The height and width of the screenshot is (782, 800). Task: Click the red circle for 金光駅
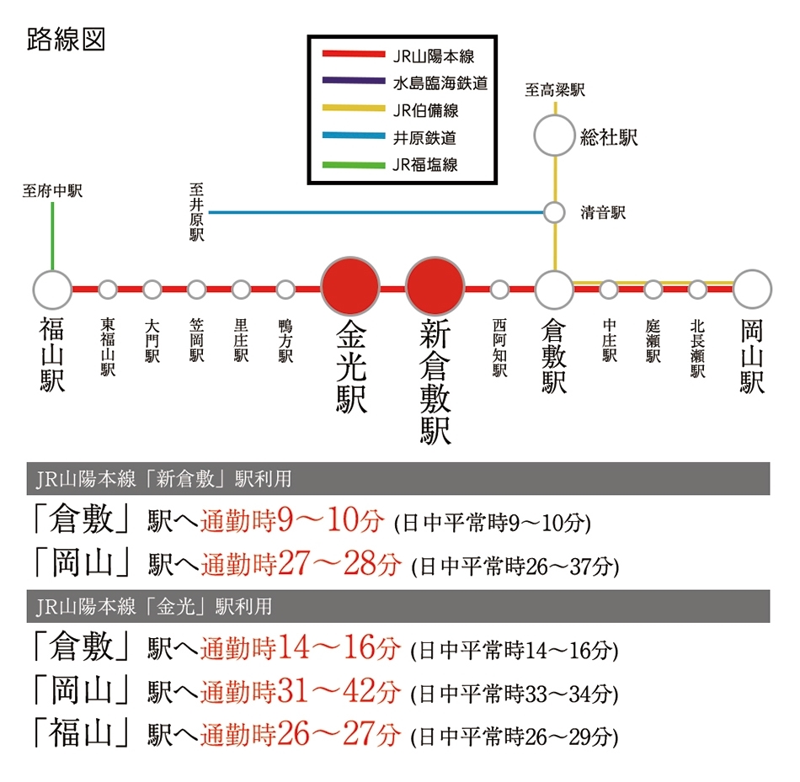(350, 286)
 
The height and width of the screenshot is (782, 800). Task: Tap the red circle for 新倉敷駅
(435, 286)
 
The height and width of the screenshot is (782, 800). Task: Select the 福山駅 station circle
(52, 290)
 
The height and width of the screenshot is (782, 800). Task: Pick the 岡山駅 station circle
(752, 290)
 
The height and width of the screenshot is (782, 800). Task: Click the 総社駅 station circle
(555, 136)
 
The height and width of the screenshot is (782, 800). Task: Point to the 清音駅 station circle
(554, 213)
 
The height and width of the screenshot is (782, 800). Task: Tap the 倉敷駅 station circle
(555, 290)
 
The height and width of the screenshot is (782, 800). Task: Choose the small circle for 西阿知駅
(499, 290)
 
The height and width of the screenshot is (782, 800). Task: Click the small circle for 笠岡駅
(196, 290)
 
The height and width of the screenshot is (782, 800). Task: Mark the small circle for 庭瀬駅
(653, 290)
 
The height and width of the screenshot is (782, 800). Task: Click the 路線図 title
(66, 40)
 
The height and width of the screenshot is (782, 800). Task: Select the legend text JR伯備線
(425, 110)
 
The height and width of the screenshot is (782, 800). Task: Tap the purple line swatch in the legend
(354, 80)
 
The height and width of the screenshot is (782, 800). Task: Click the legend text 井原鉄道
(424, 138)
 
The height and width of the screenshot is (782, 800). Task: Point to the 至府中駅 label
(52, 191)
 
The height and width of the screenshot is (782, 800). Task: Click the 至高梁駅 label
(555, 90)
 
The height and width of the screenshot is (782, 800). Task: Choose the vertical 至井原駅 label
(196, 212)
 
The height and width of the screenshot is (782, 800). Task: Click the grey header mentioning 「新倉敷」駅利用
(398, 478)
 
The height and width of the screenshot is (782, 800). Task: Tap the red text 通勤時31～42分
(300, 692)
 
